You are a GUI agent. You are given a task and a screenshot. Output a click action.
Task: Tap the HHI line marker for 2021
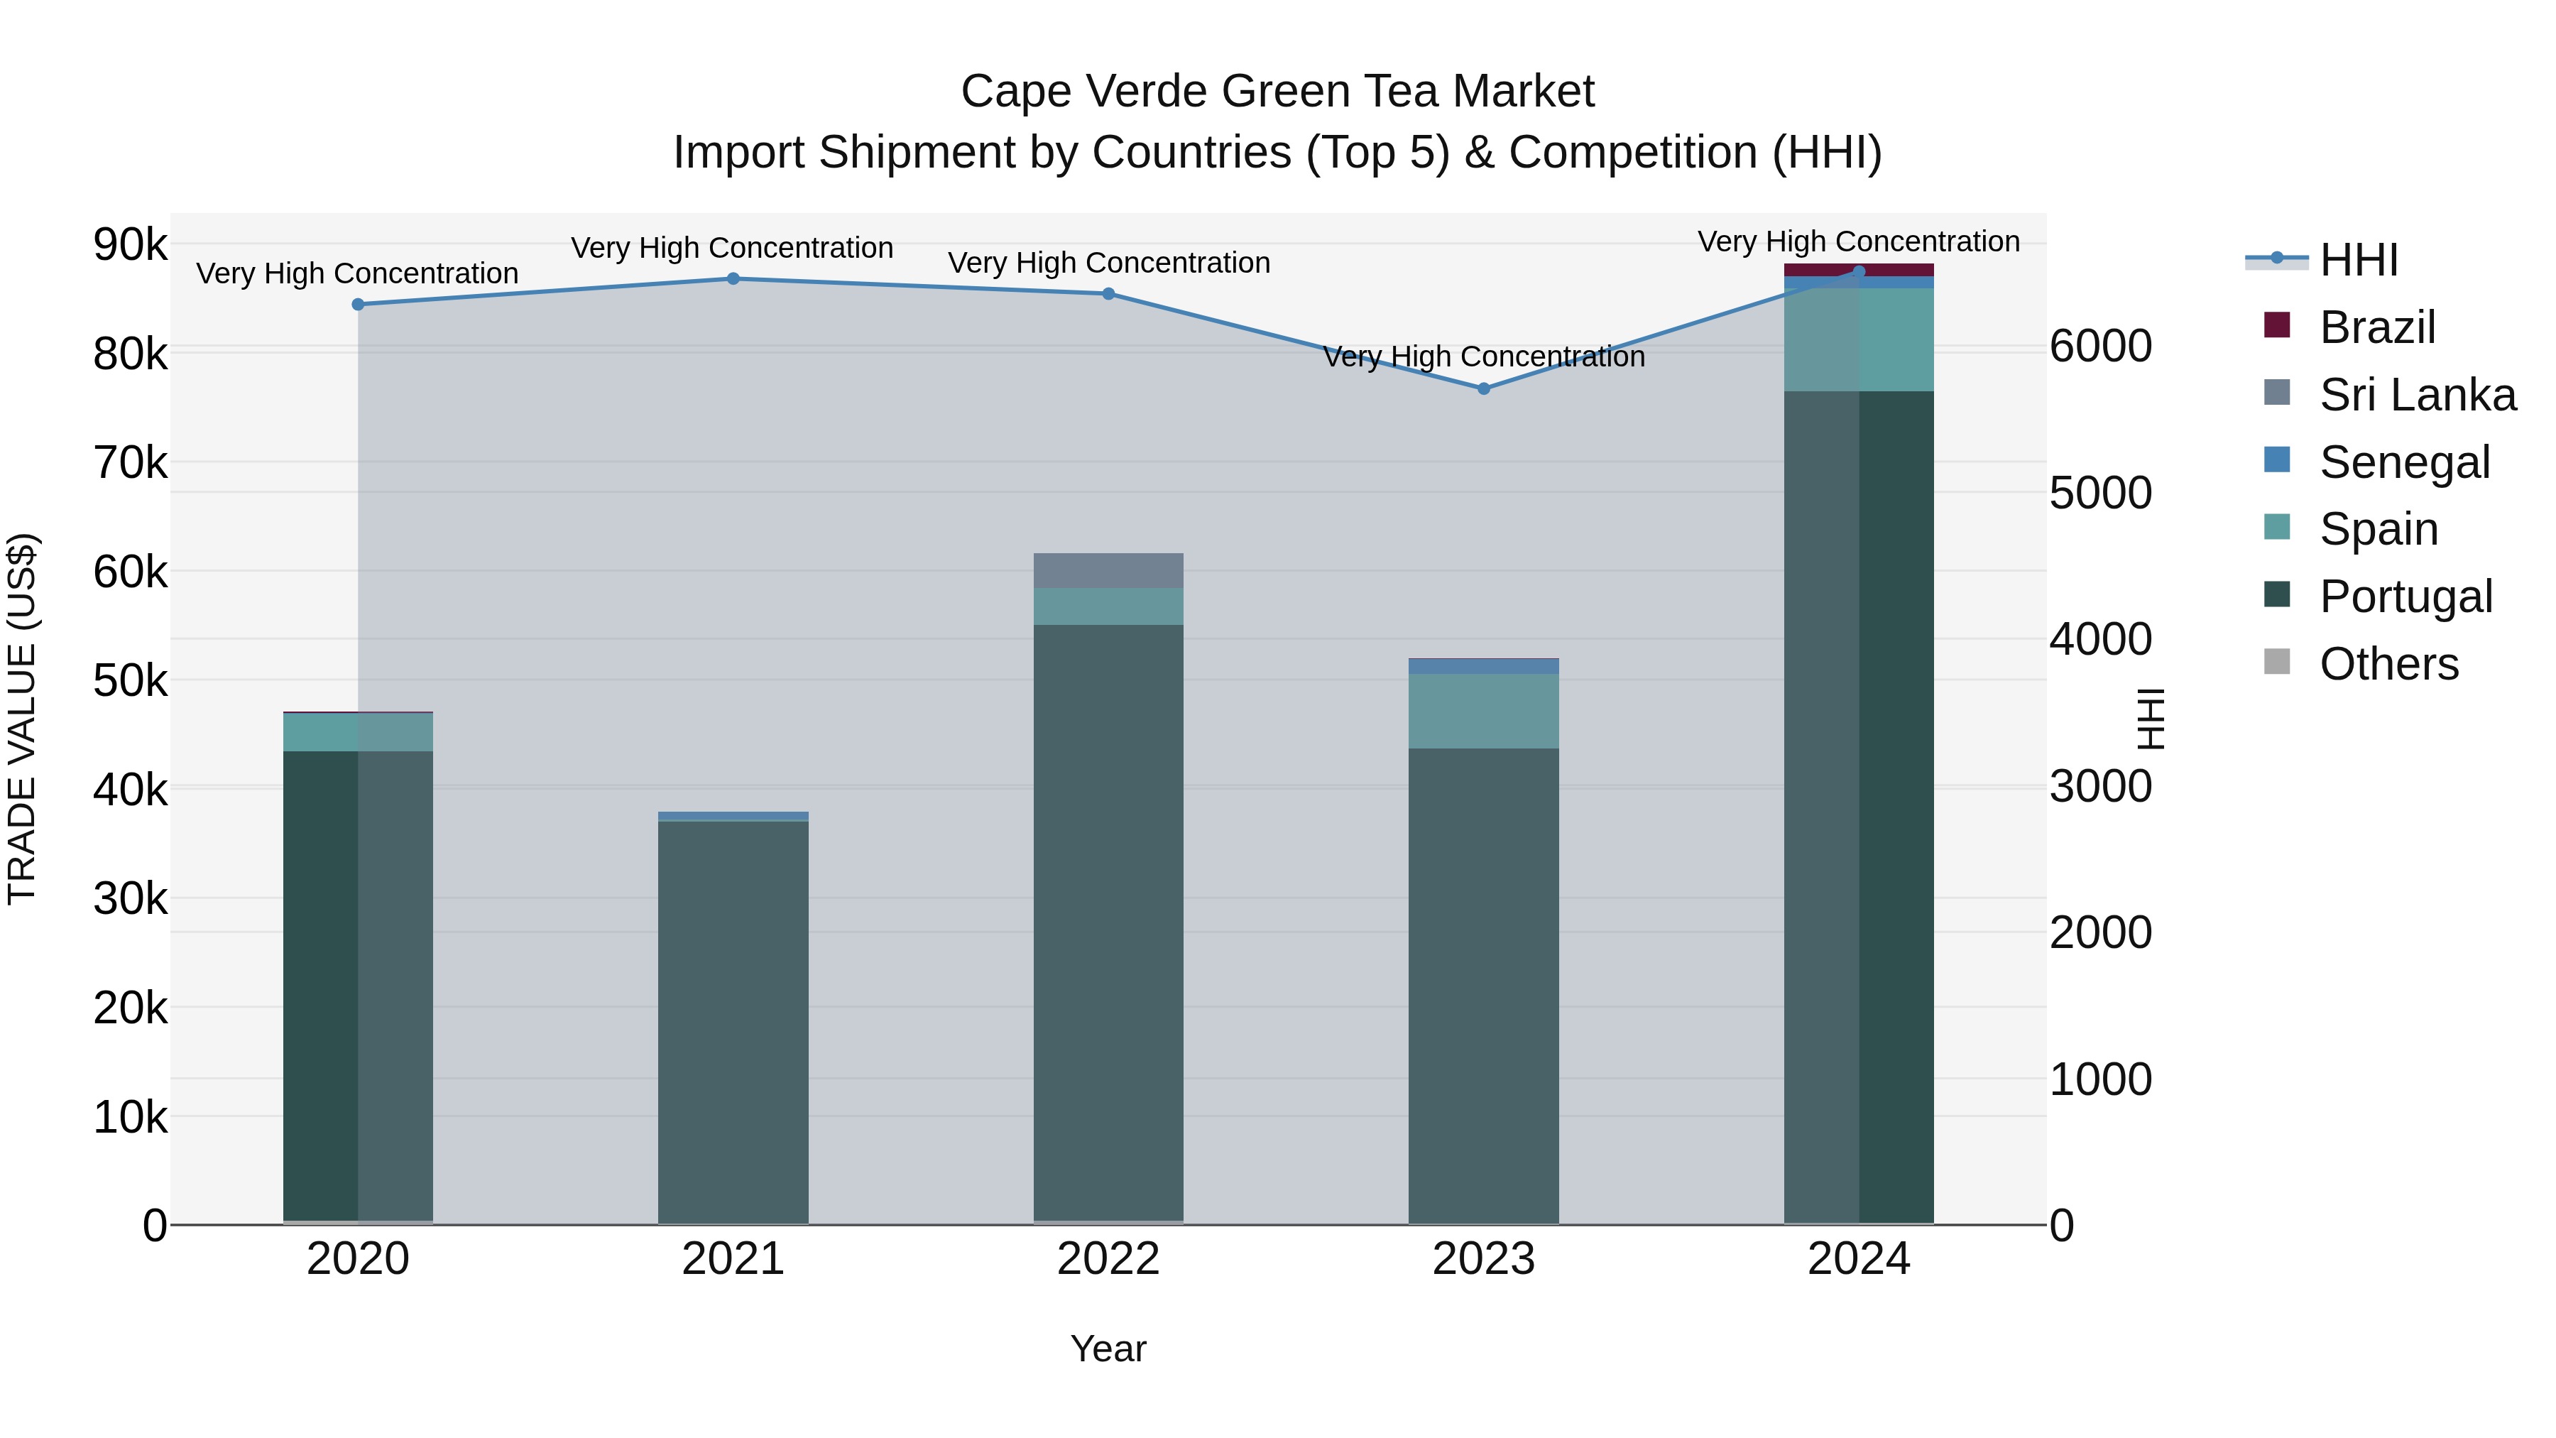733,279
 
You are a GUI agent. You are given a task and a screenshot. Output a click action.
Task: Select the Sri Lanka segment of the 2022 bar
1108,571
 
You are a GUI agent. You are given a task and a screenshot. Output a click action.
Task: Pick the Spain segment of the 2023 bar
1483,711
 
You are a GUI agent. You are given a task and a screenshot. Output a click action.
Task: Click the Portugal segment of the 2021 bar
733,1022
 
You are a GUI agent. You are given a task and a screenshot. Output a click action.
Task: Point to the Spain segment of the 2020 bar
359,732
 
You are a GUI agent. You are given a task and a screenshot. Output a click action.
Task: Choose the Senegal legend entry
2404,462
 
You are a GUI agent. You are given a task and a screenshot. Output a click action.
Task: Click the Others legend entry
2388,664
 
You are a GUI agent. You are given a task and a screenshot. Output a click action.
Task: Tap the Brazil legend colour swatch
2277,325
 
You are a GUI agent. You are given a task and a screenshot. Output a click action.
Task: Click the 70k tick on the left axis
130,462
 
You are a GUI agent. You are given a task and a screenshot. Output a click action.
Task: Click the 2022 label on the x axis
1108,1259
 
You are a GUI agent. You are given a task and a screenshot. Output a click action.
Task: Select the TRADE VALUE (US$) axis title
22,719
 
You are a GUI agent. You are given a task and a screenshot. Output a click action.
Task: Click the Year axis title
1108,1349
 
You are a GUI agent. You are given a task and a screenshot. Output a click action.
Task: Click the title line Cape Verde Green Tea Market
1277,92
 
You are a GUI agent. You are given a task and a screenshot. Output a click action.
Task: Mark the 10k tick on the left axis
130,1118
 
